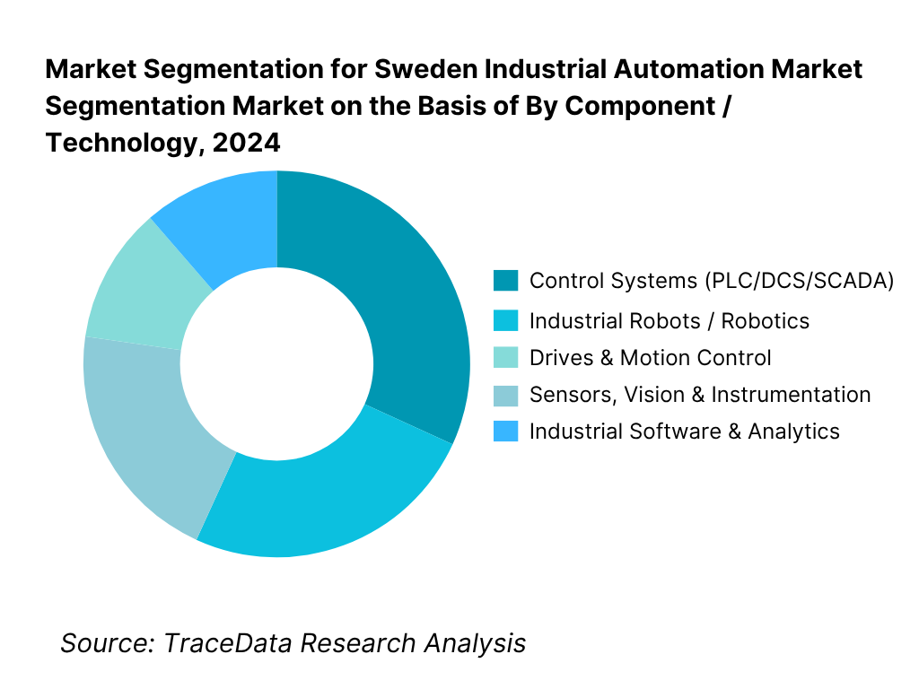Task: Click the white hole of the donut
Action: pyautogui.click(x=276, y=363)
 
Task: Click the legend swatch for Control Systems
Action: pyautogui.click(x=505, y=281)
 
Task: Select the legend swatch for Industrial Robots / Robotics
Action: pyautogui.click(x=505, y=320)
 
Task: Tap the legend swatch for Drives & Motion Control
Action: pyautogui.click(x=505, y=358)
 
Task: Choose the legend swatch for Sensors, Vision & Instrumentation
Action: pyautogui.click(x=505, y=395)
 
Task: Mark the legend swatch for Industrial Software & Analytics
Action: pyautogui.click(x=505, y=432)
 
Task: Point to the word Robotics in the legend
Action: pyautogui.click(x=766, y=320)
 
